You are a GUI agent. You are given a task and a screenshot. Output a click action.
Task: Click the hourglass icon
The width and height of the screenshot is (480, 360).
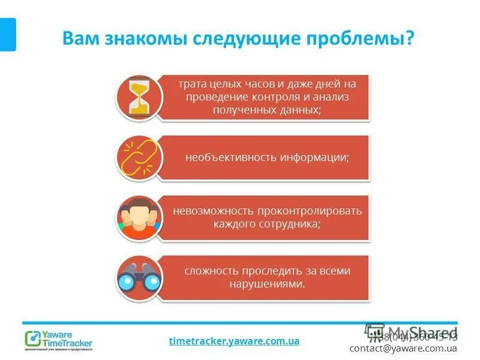point(139,97)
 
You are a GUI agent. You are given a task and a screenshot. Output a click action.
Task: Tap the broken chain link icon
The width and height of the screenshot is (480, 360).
point(139,157)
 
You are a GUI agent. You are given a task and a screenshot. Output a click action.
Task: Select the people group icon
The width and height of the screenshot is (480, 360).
point(139,217)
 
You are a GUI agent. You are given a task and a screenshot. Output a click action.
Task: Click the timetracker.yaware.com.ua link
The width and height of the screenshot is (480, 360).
point(234,341)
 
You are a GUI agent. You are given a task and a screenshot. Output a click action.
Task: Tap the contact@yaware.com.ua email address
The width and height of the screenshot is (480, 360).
point(403,348)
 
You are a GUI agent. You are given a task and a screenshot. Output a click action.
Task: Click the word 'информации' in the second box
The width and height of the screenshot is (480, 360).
point(314,157)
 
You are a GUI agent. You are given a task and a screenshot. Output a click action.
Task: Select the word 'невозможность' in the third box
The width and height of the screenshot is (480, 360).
point(212,211)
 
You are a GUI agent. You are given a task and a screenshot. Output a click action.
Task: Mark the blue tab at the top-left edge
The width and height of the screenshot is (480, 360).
point(7,34)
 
